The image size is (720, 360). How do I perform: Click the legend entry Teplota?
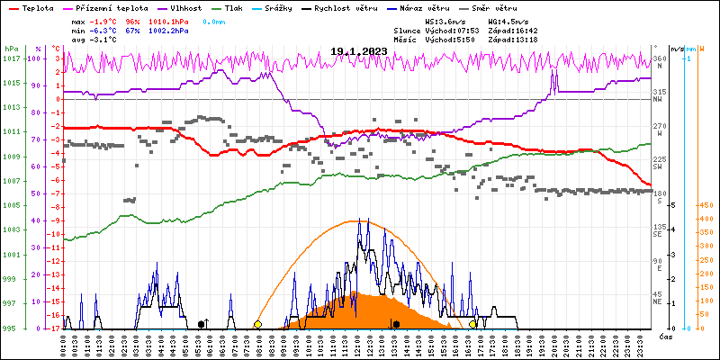click(37, 7)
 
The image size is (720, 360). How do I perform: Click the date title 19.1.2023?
click(359, 51)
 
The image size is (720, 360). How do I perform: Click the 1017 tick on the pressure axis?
click(11, 58)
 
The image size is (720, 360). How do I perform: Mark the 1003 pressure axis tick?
click(11, 230)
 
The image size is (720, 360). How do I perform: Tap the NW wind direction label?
click(658, 99)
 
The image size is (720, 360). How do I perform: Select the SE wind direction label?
click(658, 234)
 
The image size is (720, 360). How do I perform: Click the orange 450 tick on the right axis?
click(706, 204)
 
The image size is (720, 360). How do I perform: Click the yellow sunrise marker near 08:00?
click(257, 324)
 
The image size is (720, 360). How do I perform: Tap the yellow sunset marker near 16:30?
click(473, 324)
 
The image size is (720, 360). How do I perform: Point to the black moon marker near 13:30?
click(396, 324)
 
